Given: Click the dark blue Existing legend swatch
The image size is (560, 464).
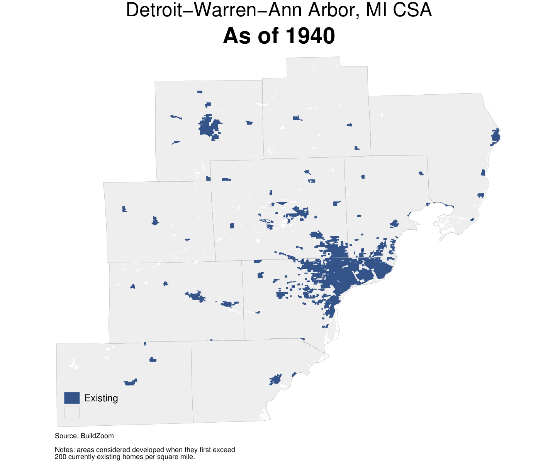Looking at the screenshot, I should pyautogui.click(x=72, y=398).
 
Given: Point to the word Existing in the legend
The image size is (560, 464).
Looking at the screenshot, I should pyautogui.click(x=101, y=398).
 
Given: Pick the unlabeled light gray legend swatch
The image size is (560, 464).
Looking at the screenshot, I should pyautogui.click(x=72, y=412).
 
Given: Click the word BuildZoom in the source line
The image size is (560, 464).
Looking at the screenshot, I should pyautogui.click(x=97, y=436).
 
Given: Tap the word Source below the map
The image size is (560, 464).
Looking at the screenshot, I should pyautogui.click(x=66, y=436).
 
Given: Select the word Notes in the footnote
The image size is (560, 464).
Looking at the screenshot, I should pyautogui.click(x=64, y=450).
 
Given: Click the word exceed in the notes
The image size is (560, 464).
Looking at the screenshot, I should pyautogui.click(x=224, y=450).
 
